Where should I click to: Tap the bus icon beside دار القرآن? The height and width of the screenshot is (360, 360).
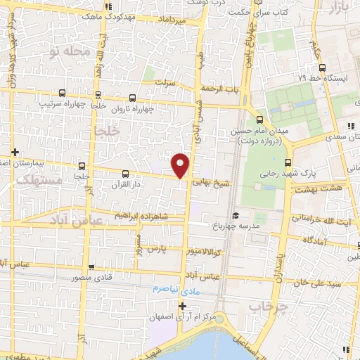[126, 173]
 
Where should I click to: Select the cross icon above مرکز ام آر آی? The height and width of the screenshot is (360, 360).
[183, 306]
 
